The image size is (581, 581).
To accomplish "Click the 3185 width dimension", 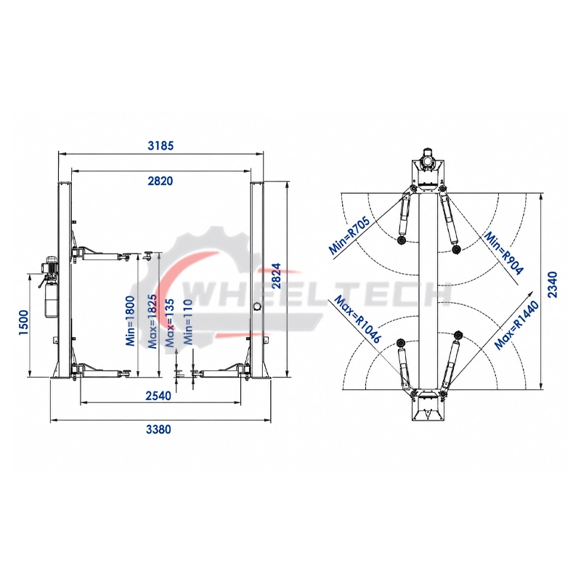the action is [x=161, y=146].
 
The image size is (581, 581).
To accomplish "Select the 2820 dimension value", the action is [x=161, y=181].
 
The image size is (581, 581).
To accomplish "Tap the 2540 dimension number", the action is [x=158, y=396].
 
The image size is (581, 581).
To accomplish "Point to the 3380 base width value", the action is [x=158, y=429].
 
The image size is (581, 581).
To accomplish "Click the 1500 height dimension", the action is [x=23, y=322].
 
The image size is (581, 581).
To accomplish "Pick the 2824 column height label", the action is [x=277, y=276].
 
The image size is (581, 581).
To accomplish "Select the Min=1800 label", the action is [x=131, y=321].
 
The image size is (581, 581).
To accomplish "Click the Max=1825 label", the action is [x=153, y=321].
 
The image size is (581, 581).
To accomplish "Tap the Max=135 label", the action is [x=170, y=322].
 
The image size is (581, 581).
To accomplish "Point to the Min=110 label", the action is [x=189, y=322].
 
